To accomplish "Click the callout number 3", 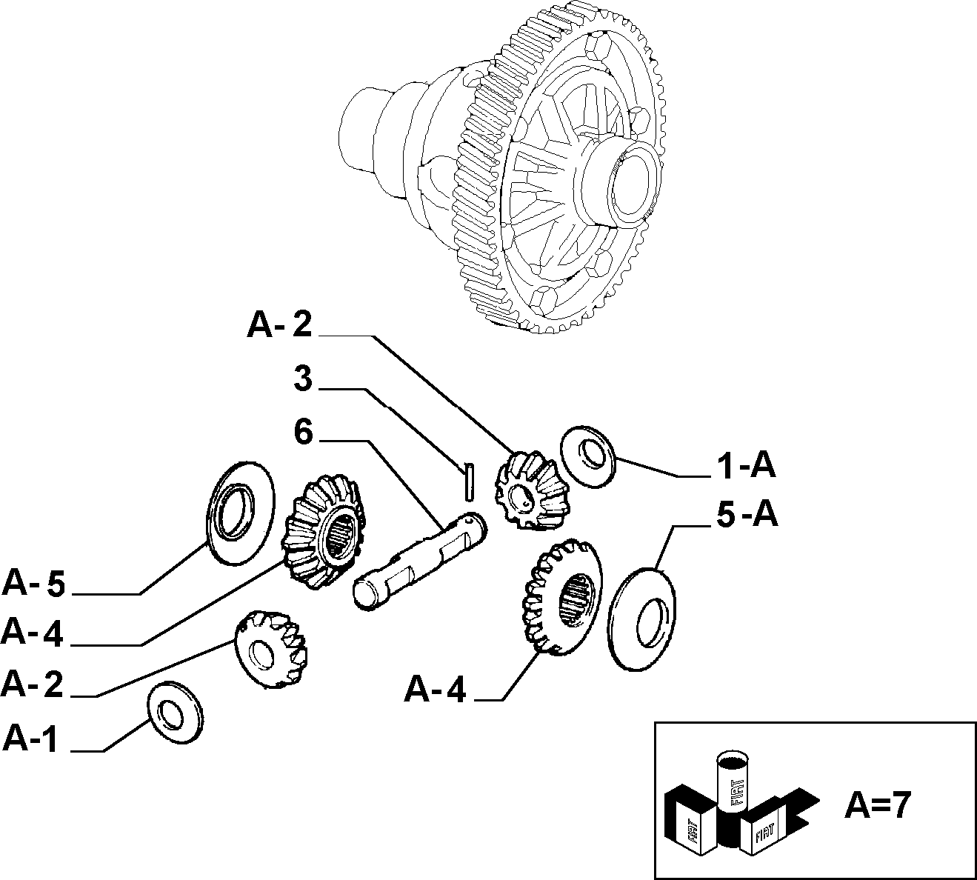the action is (x=303, y=379).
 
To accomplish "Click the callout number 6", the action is (x=304, y=431).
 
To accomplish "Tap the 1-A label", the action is (x=746, y=466).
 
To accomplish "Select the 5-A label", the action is (x=747, y=516).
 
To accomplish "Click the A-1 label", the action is (x=30, y=739).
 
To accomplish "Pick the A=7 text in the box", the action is (x=877, y=805).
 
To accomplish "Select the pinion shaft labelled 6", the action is (x=420, y=561).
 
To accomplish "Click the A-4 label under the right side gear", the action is (x=435, y=690).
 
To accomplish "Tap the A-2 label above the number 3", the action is (x=279, y=325).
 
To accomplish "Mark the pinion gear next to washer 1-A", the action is (x=530, y=490).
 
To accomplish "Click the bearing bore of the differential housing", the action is (x=632, y=184).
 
